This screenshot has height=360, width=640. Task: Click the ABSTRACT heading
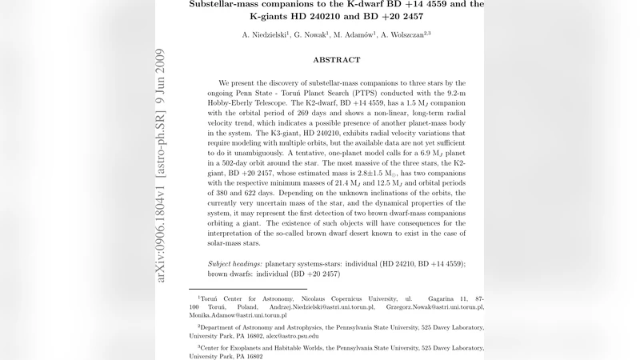click(x=336, y=60)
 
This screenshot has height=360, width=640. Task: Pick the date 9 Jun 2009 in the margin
click(x=160, y=71)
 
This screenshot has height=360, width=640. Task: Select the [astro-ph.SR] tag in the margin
click(x=160, y=136)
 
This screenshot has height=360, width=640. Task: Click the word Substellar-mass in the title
click(x=229, y=5)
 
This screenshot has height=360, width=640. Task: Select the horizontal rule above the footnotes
click(x=247, y=289)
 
